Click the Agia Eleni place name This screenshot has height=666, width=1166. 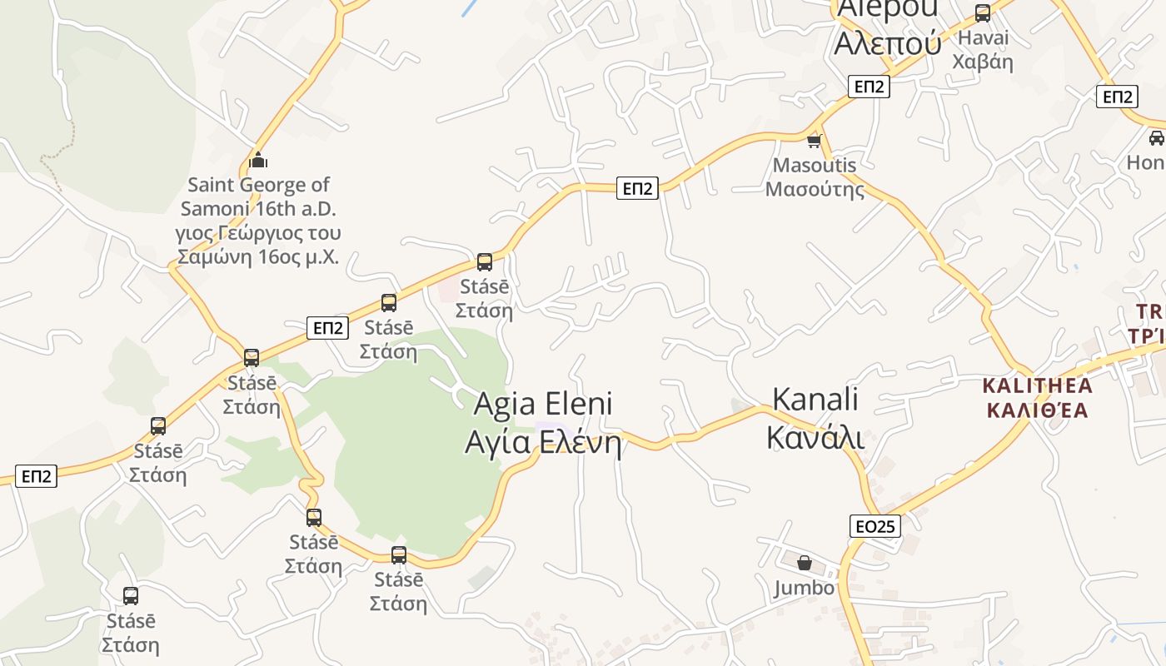tap(543, 405)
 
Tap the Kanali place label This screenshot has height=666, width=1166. tap(815, 400)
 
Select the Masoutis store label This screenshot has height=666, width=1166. tap(815, 166)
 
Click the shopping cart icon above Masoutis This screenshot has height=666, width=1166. tap(815, 141)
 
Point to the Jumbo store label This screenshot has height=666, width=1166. tap(804, 588)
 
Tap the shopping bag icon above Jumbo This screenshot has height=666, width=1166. tap(804, 564)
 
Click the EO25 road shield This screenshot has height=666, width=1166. tap(875, 526)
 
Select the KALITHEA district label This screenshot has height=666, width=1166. tap(1037, 386)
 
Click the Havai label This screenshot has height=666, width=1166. tap(983, 38)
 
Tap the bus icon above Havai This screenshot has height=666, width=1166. tap(983, 13)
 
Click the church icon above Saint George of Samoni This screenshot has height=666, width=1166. tap(258, 159)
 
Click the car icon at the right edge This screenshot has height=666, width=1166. tap(1156, 137)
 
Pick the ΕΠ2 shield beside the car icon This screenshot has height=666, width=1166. tap(1116, 97)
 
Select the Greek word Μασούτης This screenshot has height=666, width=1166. tap(815, 189)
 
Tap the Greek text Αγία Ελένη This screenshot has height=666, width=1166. tap(543, 442)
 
